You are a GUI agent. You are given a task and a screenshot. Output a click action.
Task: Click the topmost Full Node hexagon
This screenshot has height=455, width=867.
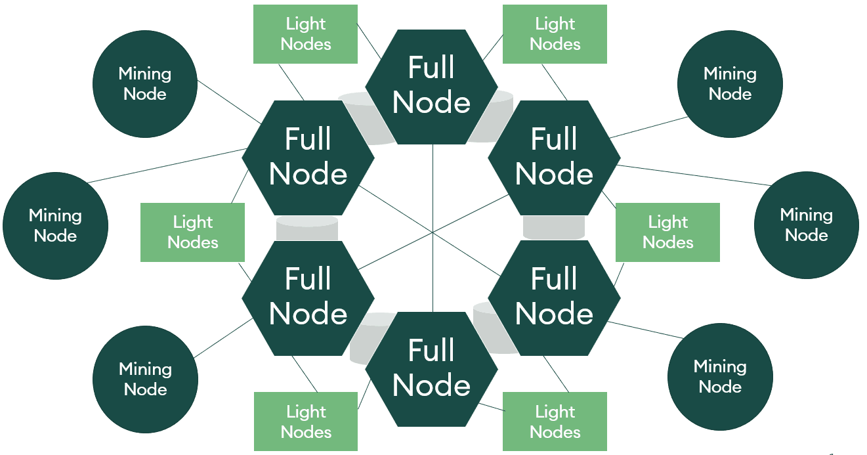click(x=431, y=86)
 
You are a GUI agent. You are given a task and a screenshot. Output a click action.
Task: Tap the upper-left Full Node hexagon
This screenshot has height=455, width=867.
click(x=308, y=157)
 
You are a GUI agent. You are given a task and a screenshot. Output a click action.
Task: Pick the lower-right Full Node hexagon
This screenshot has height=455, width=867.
click(x=555, y=297)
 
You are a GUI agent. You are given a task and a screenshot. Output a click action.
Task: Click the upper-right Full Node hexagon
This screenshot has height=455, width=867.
click(x=555, y=157)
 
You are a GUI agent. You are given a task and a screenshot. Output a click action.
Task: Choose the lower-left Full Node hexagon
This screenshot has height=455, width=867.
click(x=308, y=297)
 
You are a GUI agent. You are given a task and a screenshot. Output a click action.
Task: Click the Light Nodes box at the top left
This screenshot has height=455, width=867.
click(x=305, y=34)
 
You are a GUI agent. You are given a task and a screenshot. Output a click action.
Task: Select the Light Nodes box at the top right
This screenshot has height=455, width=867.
click(x=555, y=34)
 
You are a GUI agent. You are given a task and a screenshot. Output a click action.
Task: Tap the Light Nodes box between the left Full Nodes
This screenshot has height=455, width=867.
click(x=192, y=232)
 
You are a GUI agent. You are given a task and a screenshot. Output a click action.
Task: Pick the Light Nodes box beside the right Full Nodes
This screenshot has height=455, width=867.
click(x=667, y=232)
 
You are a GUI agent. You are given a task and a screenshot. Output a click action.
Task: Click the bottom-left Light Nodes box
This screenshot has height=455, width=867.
click(x=305, y=422)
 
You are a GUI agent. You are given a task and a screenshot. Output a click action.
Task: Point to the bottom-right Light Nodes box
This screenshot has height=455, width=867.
click(x=555, y=422)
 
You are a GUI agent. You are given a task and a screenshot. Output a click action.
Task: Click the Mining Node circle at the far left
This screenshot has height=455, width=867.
click(x=55, y=226)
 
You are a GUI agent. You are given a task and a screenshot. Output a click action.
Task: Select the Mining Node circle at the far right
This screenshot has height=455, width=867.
click(x=806, y=225)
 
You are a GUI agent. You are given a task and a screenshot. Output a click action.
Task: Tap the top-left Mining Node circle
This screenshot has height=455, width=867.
click(x=145, y=85)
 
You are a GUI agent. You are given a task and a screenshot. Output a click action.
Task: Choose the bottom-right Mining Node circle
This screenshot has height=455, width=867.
click(x=720, y=376)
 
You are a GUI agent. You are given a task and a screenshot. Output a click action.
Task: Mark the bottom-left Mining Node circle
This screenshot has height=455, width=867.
click(x=145, y=379)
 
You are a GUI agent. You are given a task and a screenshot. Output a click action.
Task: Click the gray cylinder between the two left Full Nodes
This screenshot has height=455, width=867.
click(x=307, y=228)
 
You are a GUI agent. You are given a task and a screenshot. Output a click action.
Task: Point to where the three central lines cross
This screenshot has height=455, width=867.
click(x=433, y=231)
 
